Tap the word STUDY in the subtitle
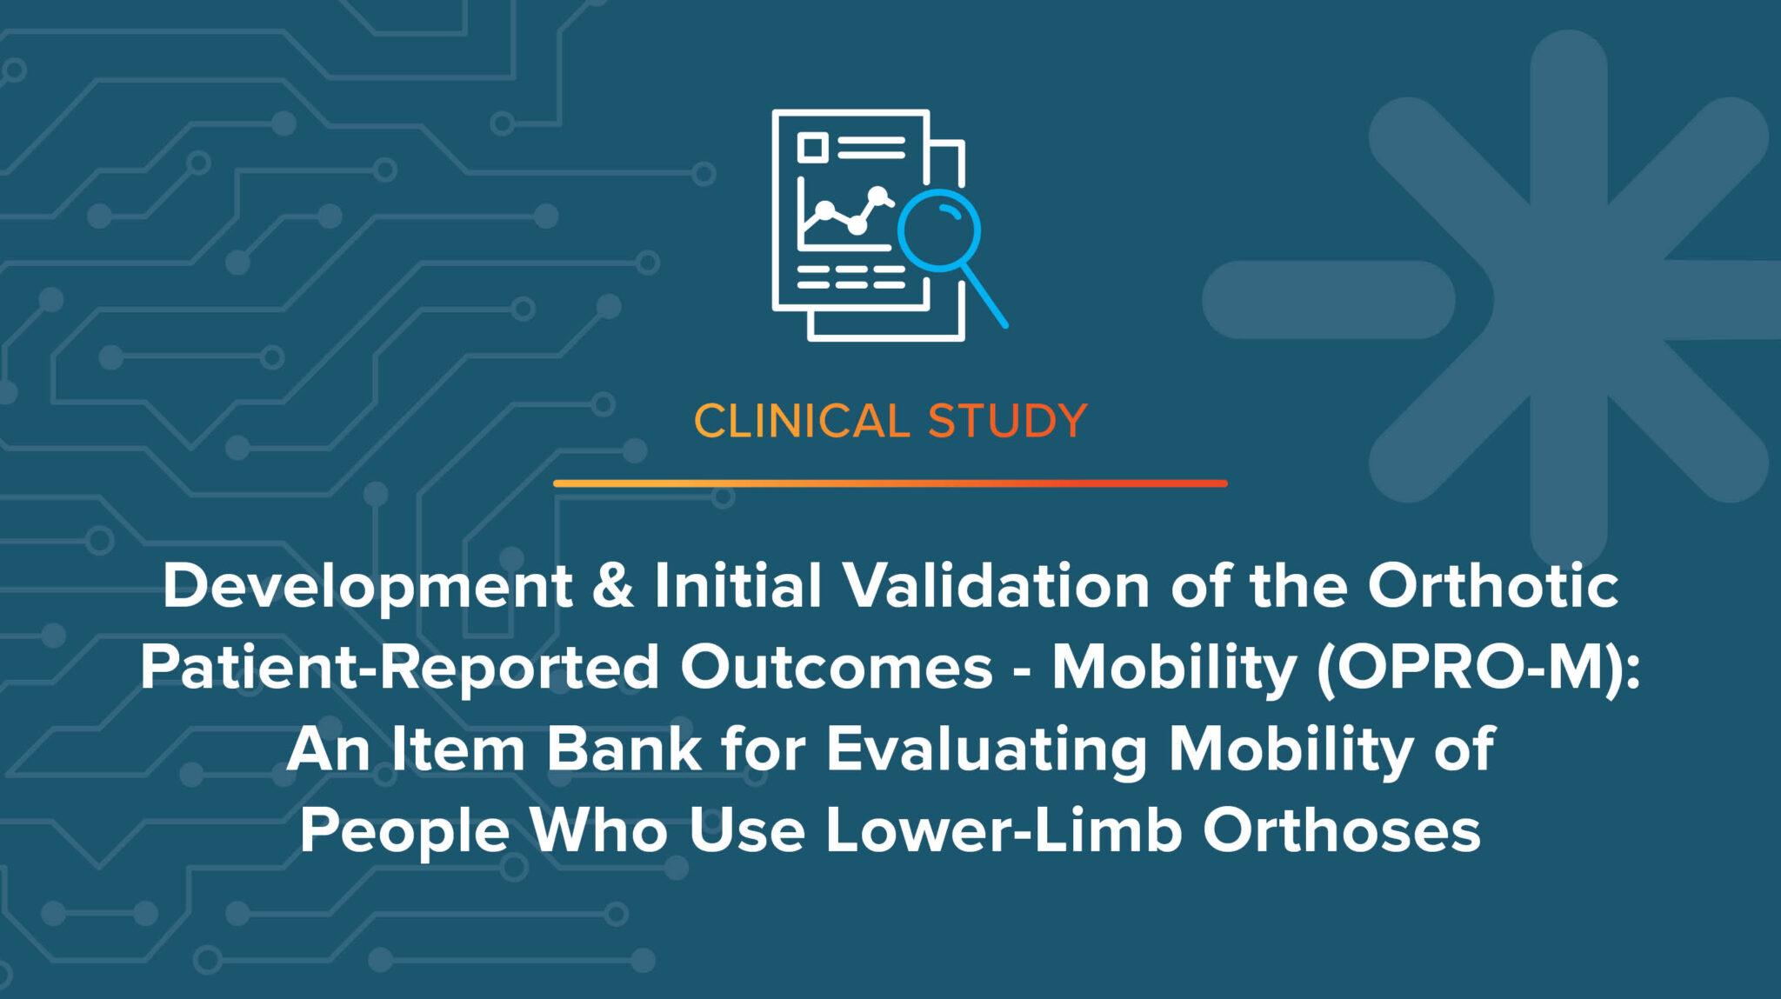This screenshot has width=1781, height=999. [x=1007, y=422]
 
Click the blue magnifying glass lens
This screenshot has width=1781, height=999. [x=939, y=230]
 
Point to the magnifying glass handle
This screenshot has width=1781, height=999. [x=984, y=296]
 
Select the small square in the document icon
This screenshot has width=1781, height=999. [x=812, y=147]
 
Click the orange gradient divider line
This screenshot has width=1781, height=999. [x=890, y=483]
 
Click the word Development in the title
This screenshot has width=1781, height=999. [x=367, y=587]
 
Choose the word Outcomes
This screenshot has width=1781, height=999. [x=836, y=668]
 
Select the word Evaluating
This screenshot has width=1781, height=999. [x=986, y=750]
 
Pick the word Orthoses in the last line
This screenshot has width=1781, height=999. [x=1341, y=830]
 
